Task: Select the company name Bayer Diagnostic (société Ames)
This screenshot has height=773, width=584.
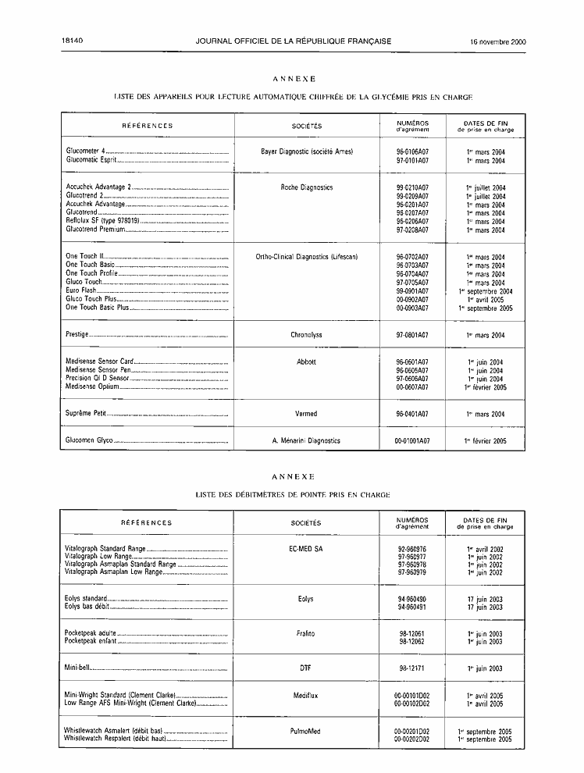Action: pos(306,151)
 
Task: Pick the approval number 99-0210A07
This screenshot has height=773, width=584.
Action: pos(412,187)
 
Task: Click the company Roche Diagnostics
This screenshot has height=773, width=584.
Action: pos(307,187)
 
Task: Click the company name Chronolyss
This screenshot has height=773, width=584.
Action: pos(307,335)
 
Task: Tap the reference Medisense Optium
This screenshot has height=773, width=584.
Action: pos(91,387)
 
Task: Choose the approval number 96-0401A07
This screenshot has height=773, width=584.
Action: pos(412,414)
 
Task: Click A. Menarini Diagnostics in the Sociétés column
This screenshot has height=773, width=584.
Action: pos(306,440)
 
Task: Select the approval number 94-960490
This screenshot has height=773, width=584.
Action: pos(412,599)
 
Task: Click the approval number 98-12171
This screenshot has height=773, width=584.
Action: pos(412,668)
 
